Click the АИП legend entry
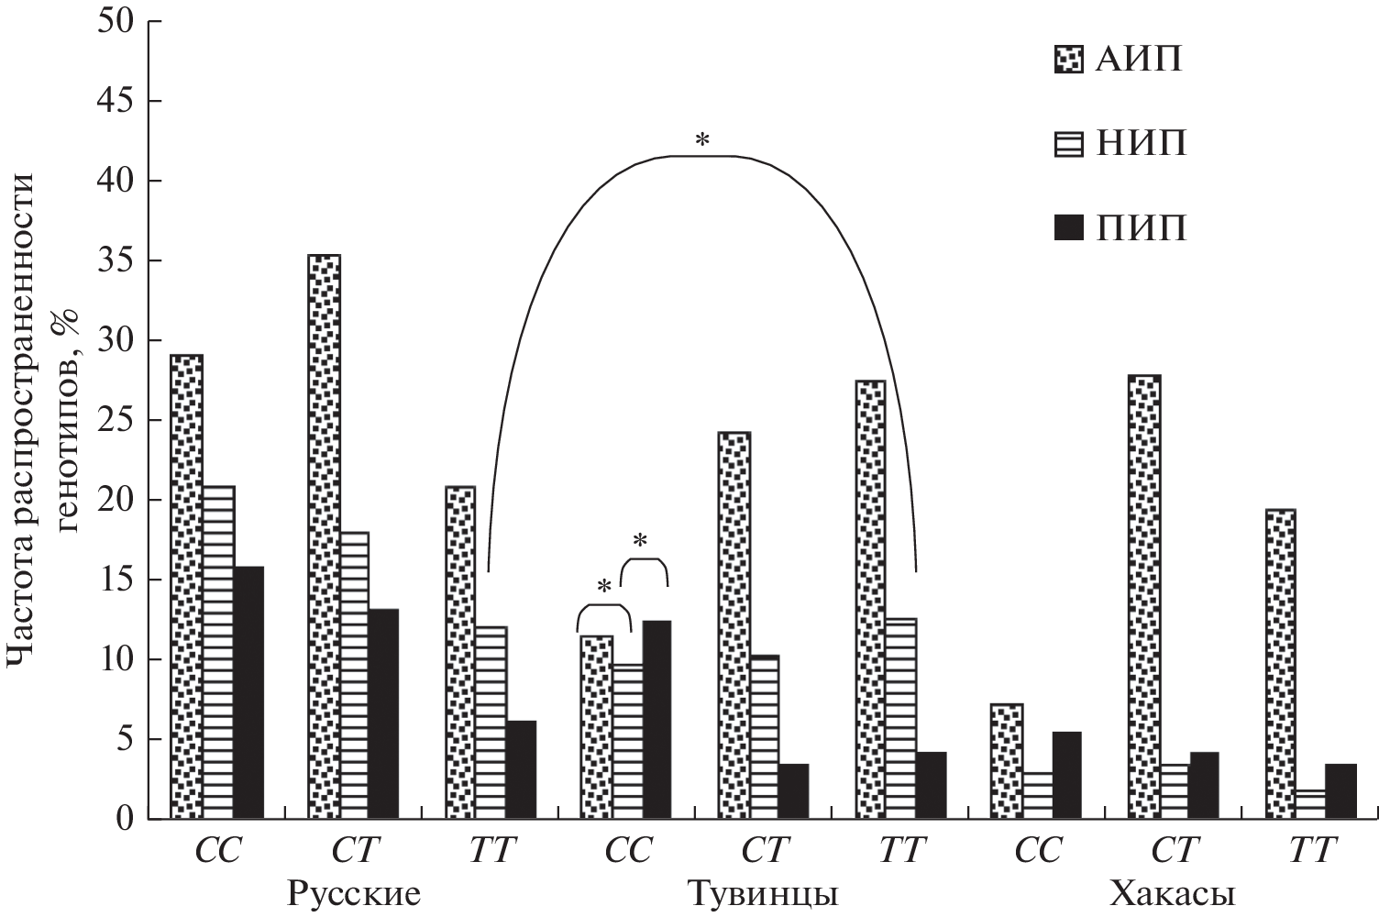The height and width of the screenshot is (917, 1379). [1119, 60]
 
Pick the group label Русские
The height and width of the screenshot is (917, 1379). [354, 893]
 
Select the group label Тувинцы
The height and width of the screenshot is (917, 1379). [763, 893]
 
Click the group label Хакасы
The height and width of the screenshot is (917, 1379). [1173, 893]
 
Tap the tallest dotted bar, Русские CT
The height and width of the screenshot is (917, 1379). [324, 536]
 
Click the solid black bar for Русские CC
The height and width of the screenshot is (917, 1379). [248, 692]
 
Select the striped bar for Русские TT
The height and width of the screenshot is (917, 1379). [491, 723]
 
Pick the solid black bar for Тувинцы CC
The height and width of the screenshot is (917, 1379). [656, 720]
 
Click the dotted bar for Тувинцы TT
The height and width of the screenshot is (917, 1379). [870, 600]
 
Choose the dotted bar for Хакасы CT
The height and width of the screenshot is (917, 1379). [1144, 596]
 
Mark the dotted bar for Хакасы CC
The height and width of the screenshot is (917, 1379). [1007, 761]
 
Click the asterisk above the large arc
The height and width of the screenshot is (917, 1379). [702, 140]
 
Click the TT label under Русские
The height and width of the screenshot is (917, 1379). [491, 850]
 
